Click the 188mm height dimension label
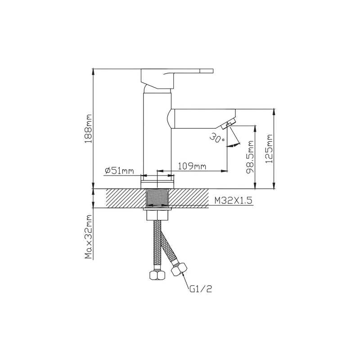coord(88,129)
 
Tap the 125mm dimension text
coord(269,149)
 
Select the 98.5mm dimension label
coord(250,157)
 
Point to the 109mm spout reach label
coord(192,166)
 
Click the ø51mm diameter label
coord(119,171)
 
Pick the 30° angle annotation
coord(217,137)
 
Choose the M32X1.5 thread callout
coord(233,201)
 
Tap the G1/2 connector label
coord(201,289)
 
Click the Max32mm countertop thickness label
coord(88,237)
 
